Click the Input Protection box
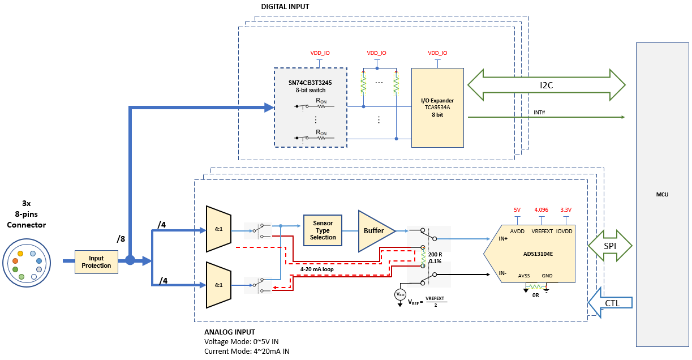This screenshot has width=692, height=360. pos(96,262)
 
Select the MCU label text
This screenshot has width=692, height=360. pos(662,194)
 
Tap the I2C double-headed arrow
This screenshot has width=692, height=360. pos(546,85)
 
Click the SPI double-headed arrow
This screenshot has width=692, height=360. pos(611,246)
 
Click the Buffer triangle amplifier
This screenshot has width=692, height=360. pos(373,230)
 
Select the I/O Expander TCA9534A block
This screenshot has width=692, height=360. pos(437,108)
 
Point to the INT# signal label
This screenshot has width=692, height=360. pos(539,112)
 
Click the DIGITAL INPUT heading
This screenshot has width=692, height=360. pos(285,6)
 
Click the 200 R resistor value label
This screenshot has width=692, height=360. pos(435,255)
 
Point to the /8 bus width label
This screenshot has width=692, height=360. pos(121,239)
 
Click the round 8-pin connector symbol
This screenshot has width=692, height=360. pos(26,263)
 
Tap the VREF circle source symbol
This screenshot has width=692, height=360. pos(400,294)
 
